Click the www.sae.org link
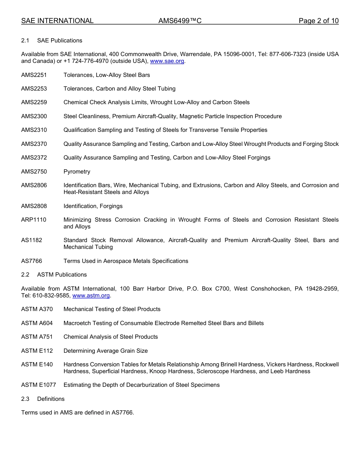pos(167,61)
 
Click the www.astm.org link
pos(91,296)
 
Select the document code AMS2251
pos(34,75)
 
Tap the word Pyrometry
pos(77,172)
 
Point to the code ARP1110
pos(34,220)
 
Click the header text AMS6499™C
pos(180,21)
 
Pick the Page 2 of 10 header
pos(318,21)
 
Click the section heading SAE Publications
pos(59,41)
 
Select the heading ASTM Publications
pos(62,275)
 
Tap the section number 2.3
pos(25,399)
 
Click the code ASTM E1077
pos(38,385)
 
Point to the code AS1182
pos(31,240)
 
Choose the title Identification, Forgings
pos(93,206)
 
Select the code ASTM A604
pos(37,323)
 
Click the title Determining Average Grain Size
pos(106,351)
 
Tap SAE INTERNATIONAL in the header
pos(57,21)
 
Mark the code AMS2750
pos(34,172)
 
